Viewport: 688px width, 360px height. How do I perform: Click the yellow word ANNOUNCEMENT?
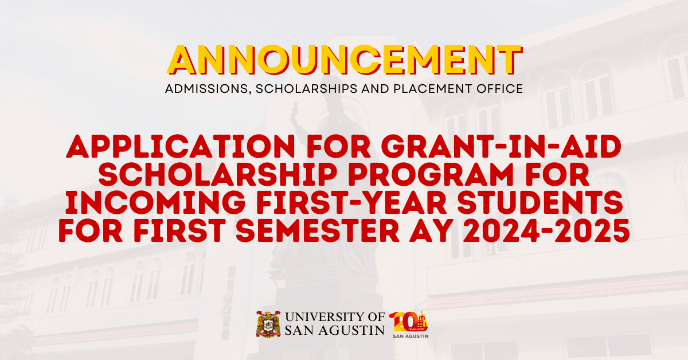tap(344, 59)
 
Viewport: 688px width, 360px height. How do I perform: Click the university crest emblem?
tap(268, 324)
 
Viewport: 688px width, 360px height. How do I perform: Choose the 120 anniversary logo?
tap(409, 324)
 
